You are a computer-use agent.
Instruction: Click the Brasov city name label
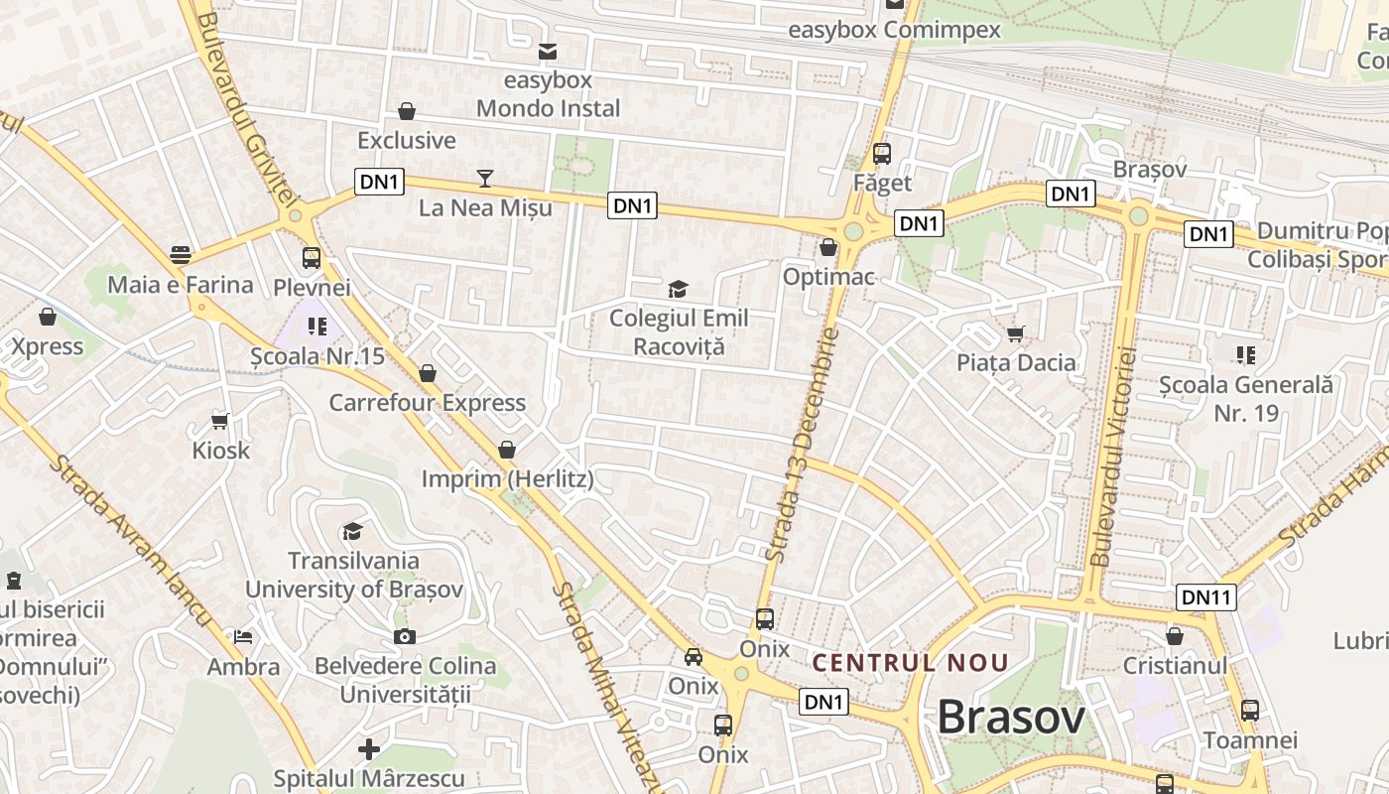1011,717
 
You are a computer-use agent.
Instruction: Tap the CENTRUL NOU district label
910,662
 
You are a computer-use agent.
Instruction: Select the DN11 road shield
1206,597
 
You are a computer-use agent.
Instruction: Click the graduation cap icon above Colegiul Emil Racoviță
678,289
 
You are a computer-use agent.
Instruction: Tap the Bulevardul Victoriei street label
1113,457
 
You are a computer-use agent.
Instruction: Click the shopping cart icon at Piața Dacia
1015,333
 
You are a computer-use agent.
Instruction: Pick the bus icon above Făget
881,154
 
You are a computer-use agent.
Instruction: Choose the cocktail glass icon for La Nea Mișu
484,179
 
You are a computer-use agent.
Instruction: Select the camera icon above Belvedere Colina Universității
404,636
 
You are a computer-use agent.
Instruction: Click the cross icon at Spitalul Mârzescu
369,748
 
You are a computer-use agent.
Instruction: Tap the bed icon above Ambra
243,636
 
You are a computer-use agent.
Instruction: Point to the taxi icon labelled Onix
693,656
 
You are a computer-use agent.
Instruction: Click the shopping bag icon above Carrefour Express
428,373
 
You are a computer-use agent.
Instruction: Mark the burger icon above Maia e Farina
180,255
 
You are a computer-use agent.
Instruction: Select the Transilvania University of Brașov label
354,575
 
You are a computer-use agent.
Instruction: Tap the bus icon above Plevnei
311,258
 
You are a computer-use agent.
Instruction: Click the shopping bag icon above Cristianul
1175,636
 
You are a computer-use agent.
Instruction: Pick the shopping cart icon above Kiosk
220,421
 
